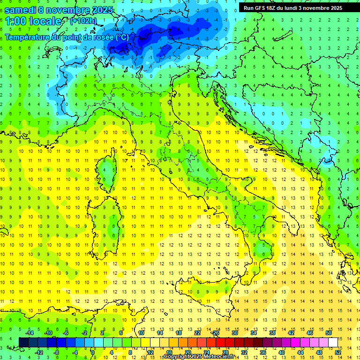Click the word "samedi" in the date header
click(x=20, y=9)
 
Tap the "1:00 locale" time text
click(x=33, y=21)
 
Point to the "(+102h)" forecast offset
click(x=83, y=21)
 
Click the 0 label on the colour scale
click(x=93, y=352)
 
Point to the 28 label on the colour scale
click(x=225, y=352)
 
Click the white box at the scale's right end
click(x=333, y=343)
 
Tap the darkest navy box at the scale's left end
click(x=23, y=343)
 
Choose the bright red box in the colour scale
click(x=220, y=343)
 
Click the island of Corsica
click(x=110, y=169)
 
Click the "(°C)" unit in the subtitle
click(x=121, y=37)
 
